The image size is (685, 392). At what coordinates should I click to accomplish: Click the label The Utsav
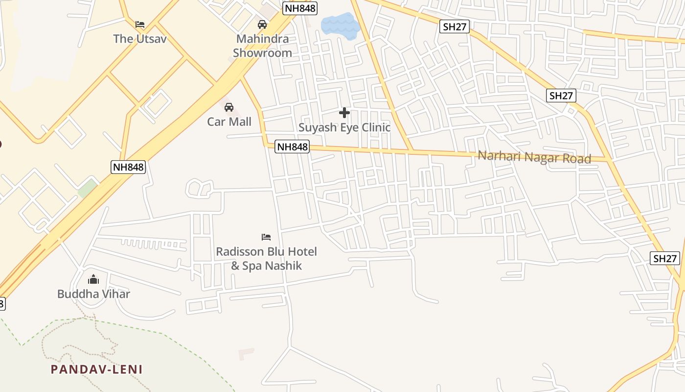coord(140,39)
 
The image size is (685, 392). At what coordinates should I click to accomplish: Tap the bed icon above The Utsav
coord(140,24)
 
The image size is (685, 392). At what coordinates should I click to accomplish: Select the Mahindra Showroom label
coord(262,46)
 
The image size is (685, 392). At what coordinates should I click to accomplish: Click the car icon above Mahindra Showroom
coord(262,24)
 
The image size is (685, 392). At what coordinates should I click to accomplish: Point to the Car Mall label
coord(229,122)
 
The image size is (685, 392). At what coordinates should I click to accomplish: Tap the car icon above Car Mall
coord(228,107)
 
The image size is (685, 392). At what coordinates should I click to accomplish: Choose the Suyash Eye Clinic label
coord(344,127)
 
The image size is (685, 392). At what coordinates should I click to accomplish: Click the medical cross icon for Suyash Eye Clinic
coord(344,113)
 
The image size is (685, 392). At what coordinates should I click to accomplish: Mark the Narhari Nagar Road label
coord(534,157)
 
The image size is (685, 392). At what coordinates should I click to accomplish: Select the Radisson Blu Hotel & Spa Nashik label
coord(267,259)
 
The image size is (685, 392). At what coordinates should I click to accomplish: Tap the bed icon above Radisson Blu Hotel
coord(266,237)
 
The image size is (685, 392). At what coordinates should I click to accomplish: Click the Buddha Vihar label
coord(93,294)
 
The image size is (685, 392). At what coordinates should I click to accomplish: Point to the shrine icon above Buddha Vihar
coord(93,280)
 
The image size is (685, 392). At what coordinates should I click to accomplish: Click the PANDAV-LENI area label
coord(97,369)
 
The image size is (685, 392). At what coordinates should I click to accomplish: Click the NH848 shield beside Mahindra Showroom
coord(300,8)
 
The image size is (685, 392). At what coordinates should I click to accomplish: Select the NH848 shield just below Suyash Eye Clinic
coord(292,147)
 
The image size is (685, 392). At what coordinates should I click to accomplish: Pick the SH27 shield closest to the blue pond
coord(455,26)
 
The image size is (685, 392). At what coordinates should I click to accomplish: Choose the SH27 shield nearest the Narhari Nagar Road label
coord(561,96)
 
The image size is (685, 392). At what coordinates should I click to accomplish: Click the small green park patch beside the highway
coord(87,188)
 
